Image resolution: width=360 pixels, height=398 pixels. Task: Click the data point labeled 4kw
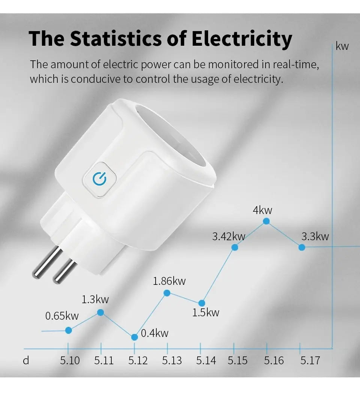click(x=266, y=221)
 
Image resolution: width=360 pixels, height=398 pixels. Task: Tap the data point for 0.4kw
click(x=135, y=337)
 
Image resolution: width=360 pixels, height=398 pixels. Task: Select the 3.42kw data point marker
click(x=235, y=247)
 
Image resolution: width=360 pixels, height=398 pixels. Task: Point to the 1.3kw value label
click(x=95, y=299)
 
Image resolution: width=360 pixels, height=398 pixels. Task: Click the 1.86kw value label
click(x=169, y=281)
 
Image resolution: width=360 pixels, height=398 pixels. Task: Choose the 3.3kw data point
click(x=301, y=247)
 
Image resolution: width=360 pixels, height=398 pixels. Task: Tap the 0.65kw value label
click(x=62, y=316)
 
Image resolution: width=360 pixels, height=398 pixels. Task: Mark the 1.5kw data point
click(x=202, y=303)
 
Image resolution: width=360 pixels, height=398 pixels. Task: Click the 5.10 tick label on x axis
click(x=70, y=361)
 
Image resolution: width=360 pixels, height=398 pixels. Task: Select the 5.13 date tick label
click(x=172, y=361)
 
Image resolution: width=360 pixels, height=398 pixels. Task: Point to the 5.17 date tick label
click(x=310, y=361)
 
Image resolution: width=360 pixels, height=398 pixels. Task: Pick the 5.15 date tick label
click(x=237, y=361)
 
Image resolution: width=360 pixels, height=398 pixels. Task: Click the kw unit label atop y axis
click(x=342, y=46)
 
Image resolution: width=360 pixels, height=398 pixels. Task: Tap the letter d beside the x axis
click(x=26, y=361)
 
